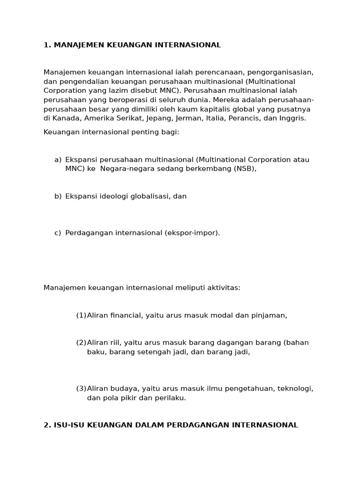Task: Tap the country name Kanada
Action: point(67,118)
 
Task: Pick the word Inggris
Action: point(292,118)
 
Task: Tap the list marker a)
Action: point(58,160)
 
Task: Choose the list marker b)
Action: point(58,196)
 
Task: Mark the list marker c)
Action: point(58,233)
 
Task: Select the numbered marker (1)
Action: point(81,315)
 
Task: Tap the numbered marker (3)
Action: point(81,389)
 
